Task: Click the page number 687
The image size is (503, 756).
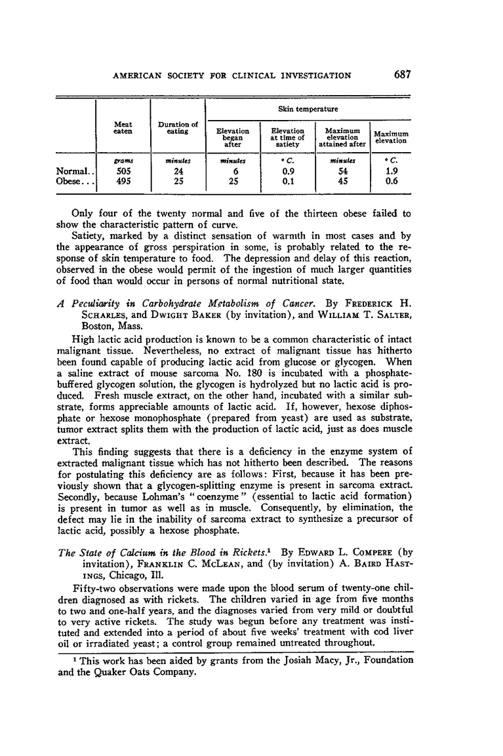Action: tap(402, 75)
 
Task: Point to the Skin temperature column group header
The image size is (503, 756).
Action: tap(308, 109)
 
